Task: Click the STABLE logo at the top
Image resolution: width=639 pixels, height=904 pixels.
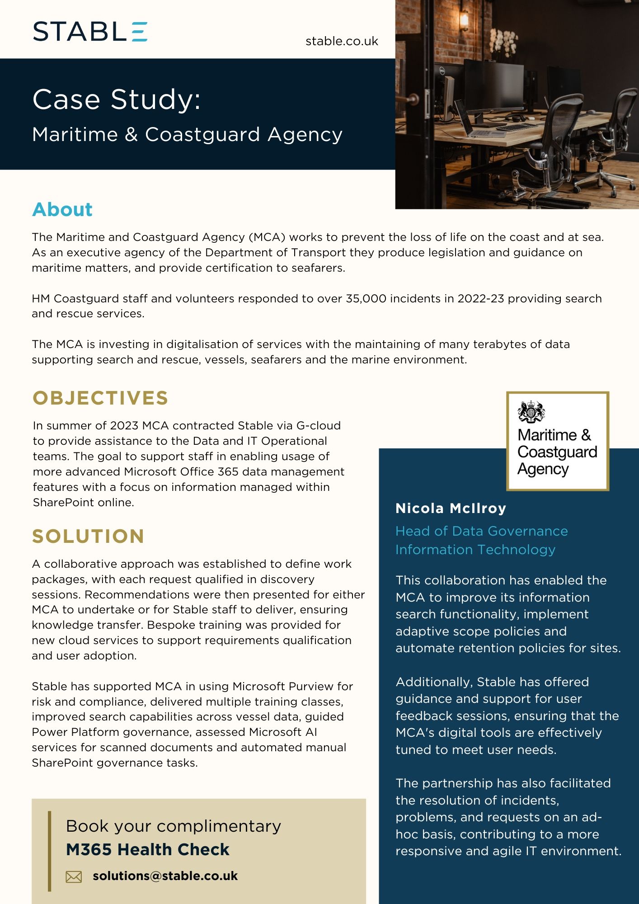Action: coord(90,32)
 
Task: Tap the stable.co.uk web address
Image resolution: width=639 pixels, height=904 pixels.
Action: coord(342,41)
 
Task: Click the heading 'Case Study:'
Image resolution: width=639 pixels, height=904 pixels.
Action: coord(117,99)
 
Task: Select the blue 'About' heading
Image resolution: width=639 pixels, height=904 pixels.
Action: coord(62,209)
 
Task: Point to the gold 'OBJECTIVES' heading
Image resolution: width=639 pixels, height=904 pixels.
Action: coord(100,398)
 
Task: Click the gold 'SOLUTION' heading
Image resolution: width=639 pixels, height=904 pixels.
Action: coord(88,536)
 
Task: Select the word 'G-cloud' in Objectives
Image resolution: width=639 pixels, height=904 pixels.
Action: coord(318,425)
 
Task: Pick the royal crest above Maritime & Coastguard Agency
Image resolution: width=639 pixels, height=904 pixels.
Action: coord(531,411)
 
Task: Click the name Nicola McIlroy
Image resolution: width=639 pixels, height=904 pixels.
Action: coord(451,508)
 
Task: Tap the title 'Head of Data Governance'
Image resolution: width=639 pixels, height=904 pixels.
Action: coord(481,531)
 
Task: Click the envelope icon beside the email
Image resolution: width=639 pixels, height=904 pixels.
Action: coord(74,876)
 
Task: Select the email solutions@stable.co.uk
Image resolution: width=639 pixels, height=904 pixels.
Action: coord(165,876)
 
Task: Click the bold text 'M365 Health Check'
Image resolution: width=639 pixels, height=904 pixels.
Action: coord(148,849)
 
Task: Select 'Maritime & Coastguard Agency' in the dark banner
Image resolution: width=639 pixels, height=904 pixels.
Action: coord(187,134)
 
